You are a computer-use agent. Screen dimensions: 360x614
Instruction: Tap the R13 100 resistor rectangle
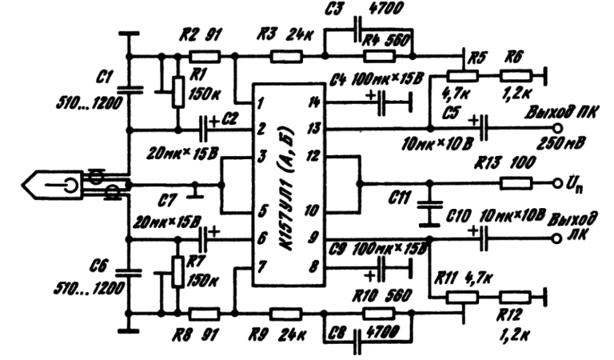[513, 183]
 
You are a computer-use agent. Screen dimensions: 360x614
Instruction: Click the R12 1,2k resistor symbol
[513, 296]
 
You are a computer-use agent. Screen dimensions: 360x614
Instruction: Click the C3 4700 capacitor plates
[356, 35]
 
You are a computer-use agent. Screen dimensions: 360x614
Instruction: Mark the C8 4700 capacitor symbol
[357, 334]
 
